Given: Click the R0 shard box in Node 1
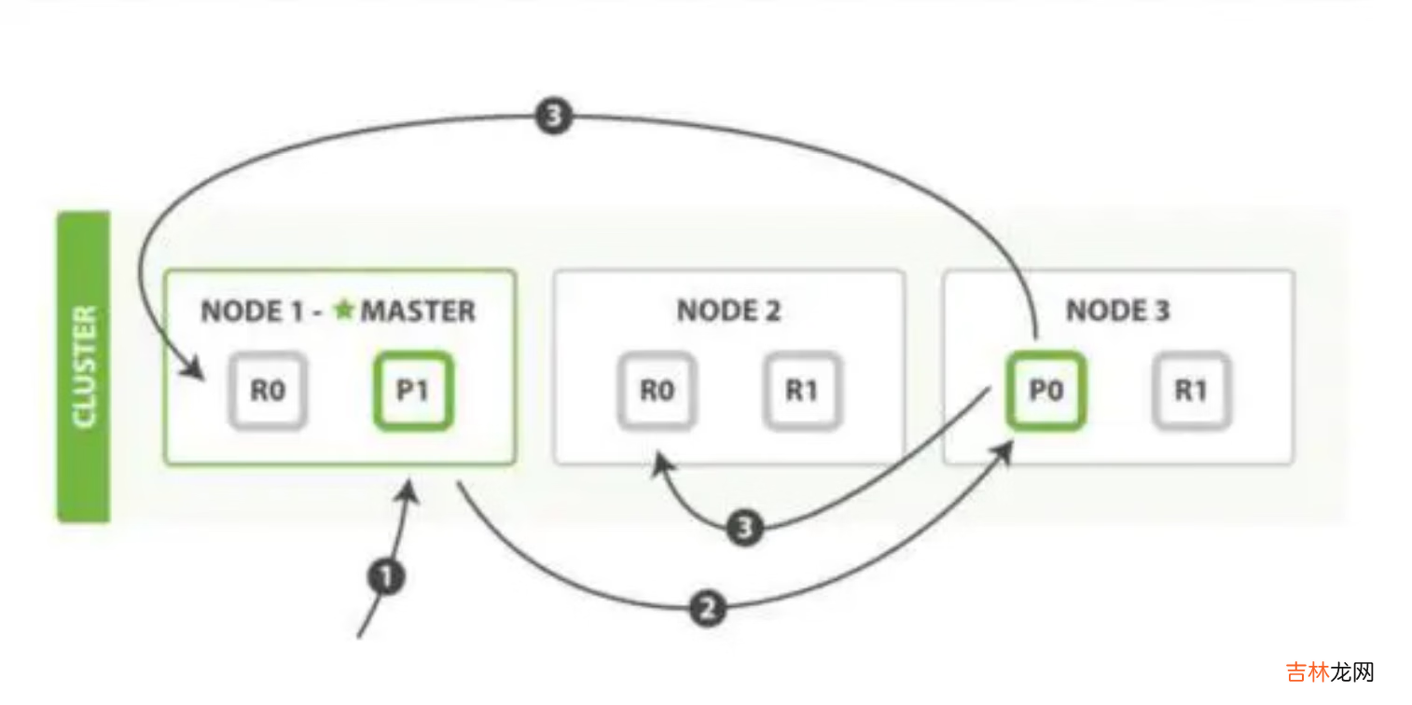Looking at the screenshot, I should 268,391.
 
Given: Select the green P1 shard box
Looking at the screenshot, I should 413,391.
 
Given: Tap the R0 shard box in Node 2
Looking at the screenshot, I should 656,391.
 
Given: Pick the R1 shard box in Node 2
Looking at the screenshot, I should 801,391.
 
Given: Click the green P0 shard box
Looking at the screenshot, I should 1045,391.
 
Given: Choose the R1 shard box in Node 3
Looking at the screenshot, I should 1190,391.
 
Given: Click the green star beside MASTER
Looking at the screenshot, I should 344,310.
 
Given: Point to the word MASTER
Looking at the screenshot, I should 418,311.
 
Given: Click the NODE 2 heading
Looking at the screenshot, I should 728,311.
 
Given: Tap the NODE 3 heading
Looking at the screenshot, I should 1117,311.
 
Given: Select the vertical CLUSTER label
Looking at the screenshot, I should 84,366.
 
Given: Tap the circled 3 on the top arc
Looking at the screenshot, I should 553,117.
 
